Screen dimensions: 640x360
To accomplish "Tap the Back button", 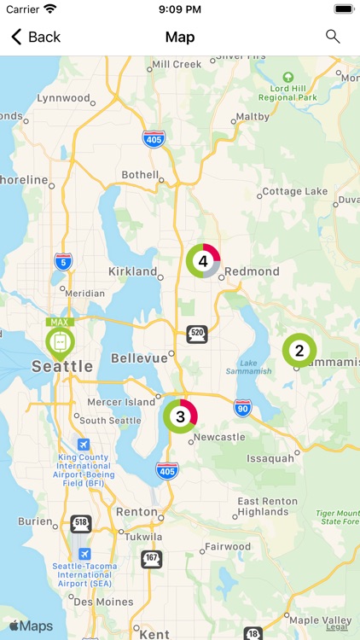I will tap(36, 37).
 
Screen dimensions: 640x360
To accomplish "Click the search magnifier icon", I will tap(333, 37).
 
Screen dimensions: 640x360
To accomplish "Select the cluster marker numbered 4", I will tap(203, 261).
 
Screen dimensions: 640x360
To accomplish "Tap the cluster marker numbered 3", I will tap(180, 416).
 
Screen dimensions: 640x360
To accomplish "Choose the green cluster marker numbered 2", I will tap(299, 350).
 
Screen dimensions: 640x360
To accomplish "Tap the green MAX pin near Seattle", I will tap(60, 341).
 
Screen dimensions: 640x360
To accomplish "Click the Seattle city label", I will tap(61, 366).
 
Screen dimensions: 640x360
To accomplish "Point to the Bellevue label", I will tap(140, 358).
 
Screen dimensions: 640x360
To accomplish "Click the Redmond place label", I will tap(253, 271).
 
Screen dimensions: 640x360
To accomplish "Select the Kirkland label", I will tap(133, 271).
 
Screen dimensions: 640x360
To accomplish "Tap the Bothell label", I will tap(139, 174).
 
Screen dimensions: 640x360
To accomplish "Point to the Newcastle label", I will tap(219, 437).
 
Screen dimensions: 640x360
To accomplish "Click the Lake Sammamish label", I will tap(249, 365).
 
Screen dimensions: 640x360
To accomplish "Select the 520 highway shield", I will tap(197, 334).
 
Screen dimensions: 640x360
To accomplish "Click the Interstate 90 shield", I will tap(243, 408).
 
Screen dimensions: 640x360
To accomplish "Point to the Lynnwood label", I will tap(64, 98).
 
